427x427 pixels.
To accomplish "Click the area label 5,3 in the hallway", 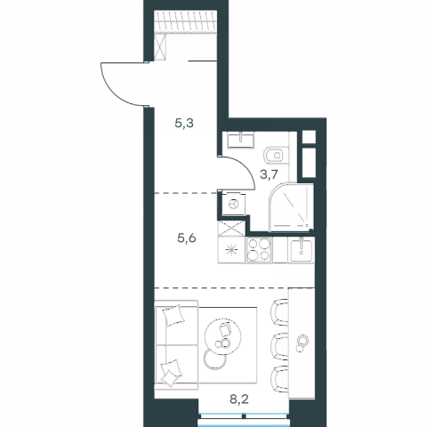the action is [184, 123].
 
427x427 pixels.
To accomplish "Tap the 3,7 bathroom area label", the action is [269, 174].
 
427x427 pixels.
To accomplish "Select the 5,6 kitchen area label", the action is [187, 238].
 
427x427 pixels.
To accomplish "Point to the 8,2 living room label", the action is [239, 399].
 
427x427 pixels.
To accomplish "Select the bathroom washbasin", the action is [241, 140].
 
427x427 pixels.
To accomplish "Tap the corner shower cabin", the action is [291, 207].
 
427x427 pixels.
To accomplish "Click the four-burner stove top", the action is [259, 250].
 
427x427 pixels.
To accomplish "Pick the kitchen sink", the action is [301, 250].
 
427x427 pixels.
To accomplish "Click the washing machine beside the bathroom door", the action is [234, 204].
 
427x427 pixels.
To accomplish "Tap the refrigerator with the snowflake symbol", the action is [231, 250].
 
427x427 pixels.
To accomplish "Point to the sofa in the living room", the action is [176, 345].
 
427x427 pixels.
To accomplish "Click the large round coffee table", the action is [222, 336].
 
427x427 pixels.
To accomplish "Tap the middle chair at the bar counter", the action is [279, 346].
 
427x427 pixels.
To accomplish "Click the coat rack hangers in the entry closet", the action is [186, 21].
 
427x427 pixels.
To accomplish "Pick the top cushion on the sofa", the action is [173, 315].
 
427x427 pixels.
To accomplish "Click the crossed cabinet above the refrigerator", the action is [231, 228].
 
